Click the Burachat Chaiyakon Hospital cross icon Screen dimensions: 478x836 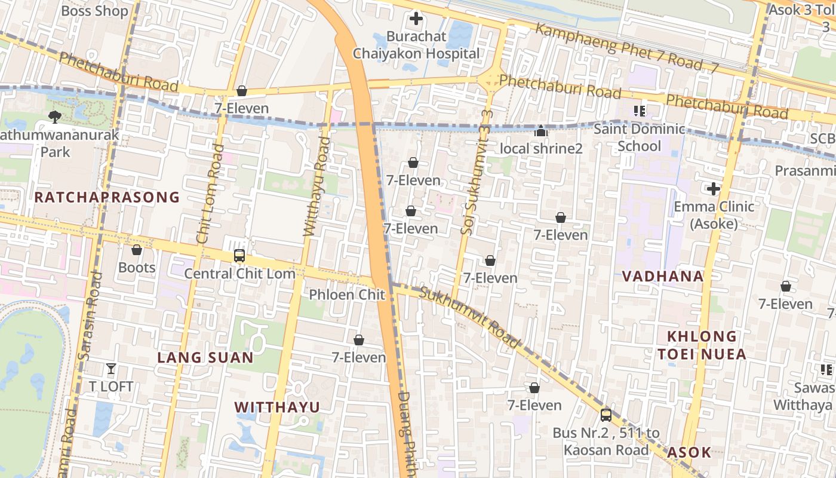click(x=416, y=19)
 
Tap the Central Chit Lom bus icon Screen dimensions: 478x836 click(x=239, y=256)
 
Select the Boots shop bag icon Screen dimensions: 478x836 click(x=137, y=250)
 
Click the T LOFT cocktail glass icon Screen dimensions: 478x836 click(x=111, y=369)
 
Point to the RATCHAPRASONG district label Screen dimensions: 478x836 click(x=107, y=197)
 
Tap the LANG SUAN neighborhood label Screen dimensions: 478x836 click(x=205, y=358)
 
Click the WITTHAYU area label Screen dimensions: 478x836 click(x=277, y=407)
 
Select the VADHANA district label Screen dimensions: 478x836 click(x=663, y=277)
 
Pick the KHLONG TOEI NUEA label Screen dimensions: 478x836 click(x=702, y=345)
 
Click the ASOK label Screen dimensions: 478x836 click(x=689, y=452)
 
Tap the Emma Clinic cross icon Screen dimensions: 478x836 click(x=714, y=189)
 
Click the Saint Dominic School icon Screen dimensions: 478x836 click(x=640, y=111)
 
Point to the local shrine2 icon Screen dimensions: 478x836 click(x=541, y=131)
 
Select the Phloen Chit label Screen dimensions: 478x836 click(x=347, y=295)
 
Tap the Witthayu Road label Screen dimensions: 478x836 click(x=316, y=186)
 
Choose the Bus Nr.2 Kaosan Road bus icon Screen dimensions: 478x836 click(x=606, y=415)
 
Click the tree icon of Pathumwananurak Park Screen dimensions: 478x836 click(x=55, y=117)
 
